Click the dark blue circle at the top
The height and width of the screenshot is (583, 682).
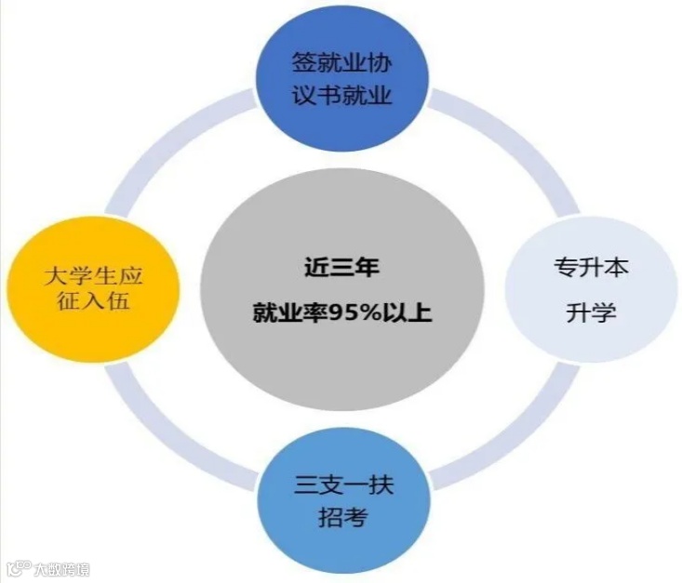pos(341,80)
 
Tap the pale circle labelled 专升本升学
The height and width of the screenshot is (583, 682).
pos(592,291)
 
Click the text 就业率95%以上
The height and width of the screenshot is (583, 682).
pos(341,312)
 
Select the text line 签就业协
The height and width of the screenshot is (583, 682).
pos(341,63)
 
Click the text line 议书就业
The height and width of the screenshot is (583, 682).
pos(341,96)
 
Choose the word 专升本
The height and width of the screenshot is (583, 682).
pos(592,269)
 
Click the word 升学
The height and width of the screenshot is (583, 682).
pos(592,312)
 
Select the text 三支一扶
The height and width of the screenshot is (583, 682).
pos(343,484)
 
